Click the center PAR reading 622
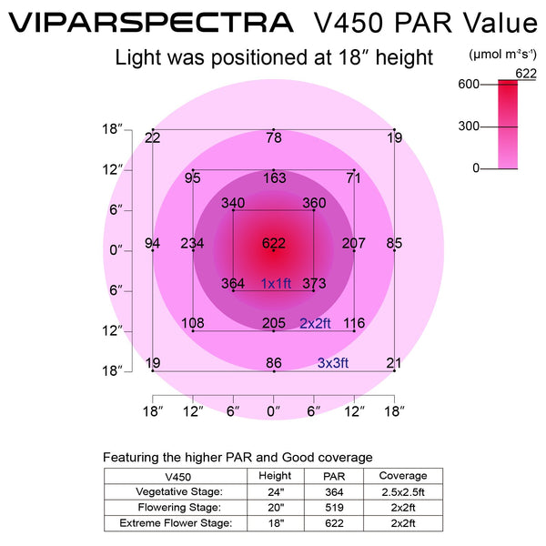273,243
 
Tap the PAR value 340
233,203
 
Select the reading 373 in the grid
314,284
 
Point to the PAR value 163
274,178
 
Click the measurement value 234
192,243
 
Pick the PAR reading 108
192,323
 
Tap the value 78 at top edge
273,137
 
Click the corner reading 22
153,137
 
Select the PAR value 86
273,363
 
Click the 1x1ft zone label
276,283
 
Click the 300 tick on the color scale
468,126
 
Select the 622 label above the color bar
524,72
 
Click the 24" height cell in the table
275,491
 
